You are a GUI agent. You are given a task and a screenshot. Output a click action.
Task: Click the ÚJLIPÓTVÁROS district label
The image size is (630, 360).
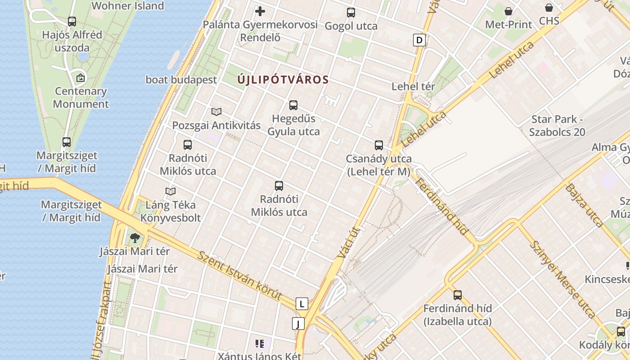tap(283, 80)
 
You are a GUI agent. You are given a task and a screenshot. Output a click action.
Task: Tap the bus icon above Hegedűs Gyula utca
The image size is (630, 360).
tap(293, 105)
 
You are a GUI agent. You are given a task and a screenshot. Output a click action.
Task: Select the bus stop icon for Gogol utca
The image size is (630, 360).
tap(351, 13)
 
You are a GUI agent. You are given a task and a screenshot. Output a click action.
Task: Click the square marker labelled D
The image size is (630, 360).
tap(419, 40)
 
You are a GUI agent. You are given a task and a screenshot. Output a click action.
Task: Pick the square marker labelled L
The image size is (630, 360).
tap(302, 304)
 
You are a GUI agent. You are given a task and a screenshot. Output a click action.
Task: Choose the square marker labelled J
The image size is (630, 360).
tap(298, 323)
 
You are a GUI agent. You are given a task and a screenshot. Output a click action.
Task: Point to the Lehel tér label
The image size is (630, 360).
tap(413, 86)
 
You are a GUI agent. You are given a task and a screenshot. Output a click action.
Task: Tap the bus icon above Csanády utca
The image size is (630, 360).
tap(379, 145)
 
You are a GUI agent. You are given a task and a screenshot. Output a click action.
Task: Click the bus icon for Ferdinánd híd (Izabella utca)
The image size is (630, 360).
tap(458, 295)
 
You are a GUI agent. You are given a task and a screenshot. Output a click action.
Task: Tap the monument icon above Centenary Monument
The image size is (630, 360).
tap(81, 78)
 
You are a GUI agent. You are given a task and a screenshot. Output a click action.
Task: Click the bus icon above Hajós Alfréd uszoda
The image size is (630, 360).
tap(72, 21)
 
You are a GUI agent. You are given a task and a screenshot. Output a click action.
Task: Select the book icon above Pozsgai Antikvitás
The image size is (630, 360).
tap(216, 112)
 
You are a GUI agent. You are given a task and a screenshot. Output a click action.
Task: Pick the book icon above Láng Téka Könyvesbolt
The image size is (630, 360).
tap(171, 192)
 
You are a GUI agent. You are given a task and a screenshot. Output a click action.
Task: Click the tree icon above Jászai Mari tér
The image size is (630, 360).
tap(135, 238)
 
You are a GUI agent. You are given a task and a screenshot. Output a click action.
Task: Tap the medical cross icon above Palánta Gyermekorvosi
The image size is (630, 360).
tap(260, 11)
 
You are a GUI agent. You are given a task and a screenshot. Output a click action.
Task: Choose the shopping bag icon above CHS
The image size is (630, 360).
tap(549, 8)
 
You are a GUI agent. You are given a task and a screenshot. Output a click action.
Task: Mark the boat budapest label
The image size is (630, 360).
tap(181, 80)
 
